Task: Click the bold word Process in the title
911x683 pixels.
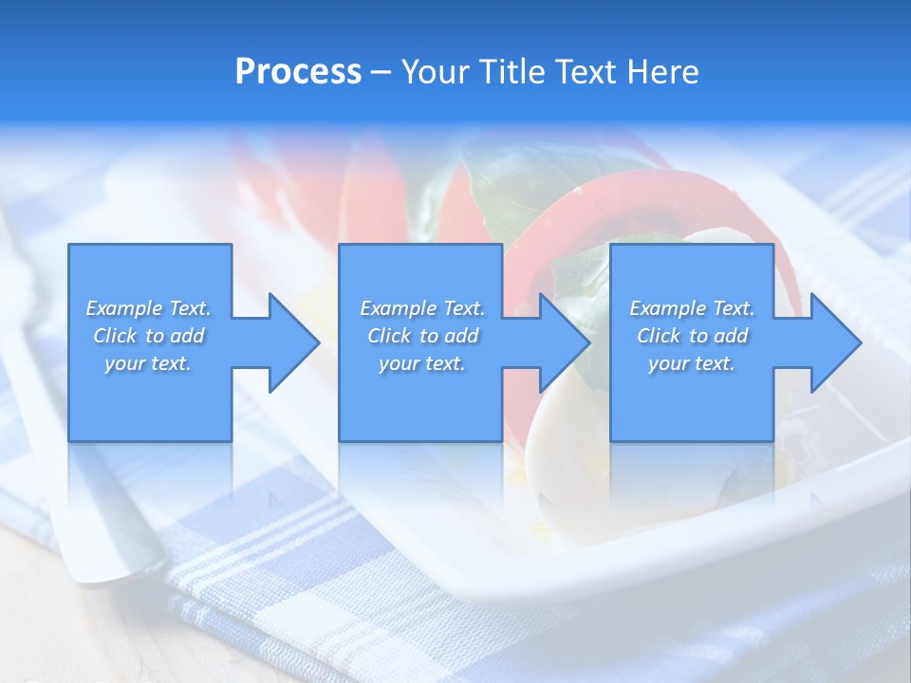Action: point(298,72)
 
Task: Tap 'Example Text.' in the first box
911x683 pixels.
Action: point(148,308)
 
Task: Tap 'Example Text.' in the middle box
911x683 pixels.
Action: point(422,308)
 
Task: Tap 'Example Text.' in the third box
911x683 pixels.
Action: point(692,308)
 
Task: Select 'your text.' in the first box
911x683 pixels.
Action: point(148,363)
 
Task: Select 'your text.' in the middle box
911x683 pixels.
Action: point(422,363)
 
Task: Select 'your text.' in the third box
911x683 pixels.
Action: point(692,363)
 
